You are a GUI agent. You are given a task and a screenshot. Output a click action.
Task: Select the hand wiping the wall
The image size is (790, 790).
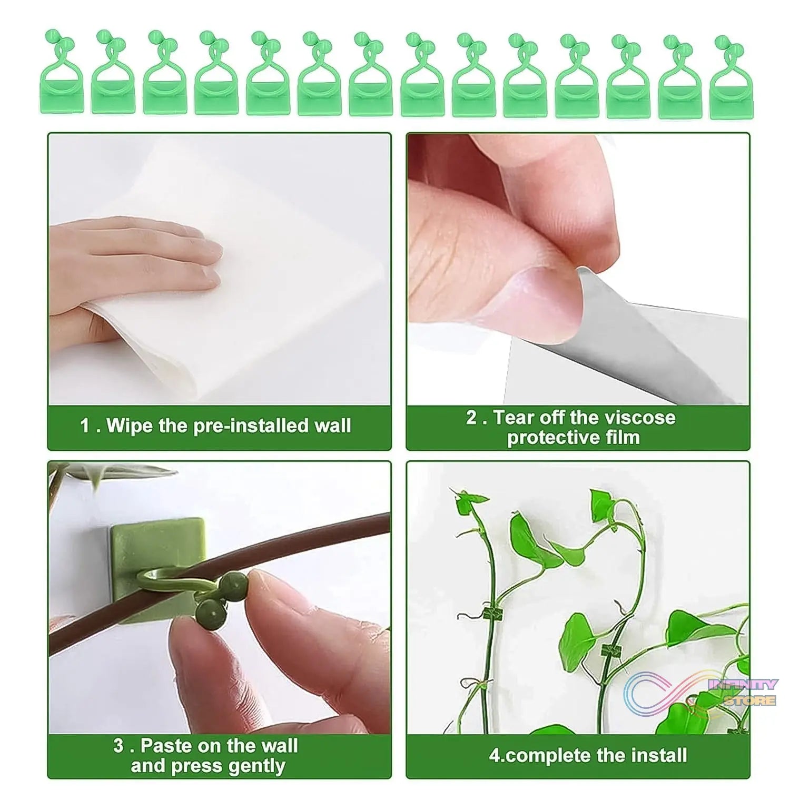click(137, 258)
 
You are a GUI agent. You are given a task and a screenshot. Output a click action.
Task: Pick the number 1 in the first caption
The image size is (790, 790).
click(85, 426)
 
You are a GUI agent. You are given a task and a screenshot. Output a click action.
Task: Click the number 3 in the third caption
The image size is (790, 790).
click(118, 746)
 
